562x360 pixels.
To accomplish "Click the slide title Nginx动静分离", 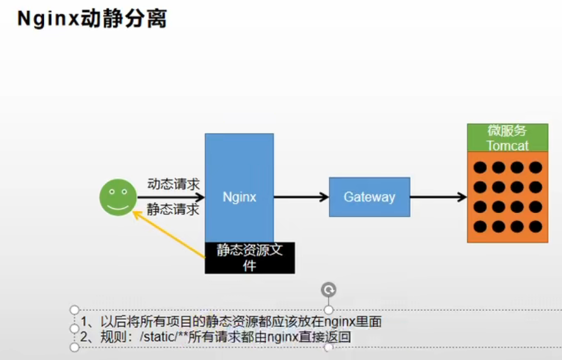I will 92,18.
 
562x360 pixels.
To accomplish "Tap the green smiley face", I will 118,197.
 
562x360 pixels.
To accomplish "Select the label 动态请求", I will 173,183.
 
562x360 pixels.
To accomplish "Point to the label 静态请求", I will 173,210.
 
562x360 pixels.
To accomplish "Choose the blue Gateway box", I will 369,197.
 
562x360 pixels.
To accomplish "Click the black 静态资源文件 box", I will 250,257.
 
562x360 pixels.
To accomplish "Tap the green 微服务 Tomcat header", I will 507,137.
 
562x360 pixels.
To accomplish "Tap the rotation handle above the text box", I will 329,290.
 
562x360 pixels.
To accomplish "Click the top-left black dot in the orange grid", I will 481,167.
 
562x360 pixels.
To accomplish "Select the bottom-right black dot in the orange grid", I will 535,226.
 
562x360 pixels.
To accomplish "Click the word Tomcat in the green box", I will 507,146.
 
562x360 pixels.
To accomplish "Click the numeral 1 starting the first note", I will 84,322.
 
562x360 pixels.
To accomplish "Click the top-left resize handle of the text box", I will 75,310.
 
